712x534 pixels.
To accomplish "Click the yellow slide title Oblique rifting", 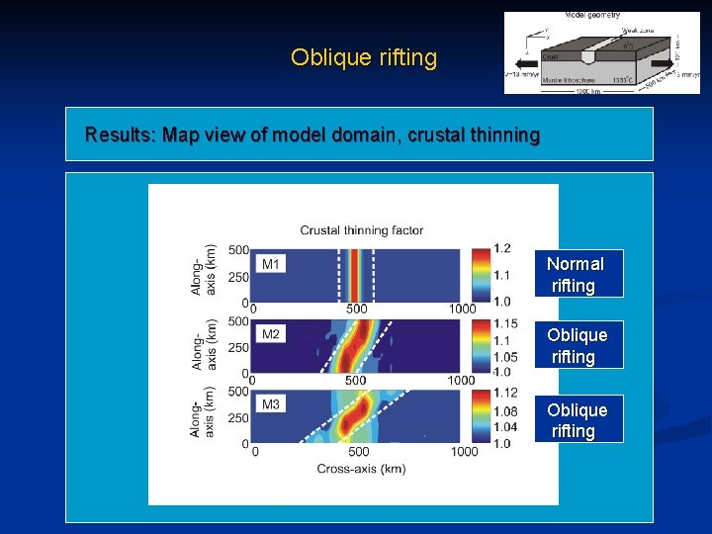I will pyautogui.click(x=363, y=57).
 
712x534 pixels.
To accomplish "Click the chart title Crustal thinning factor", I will pyautogui.click(x=362, y=230).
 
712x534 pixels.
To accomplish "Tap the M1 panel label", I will pyautogui.click(x=271, y=263).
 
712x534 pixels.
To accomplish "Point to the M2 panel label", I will pyautogui.click(x=271, y=334).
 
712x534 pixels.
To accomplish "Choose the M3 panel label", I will pyautogui.click(x=271, y=404).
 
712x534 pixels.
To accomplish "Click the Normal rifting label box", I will pyautogui.click(x=575, y=274).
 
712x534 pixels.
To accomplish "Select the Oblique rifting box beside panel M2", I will pyautogui.click(x=577, y=345).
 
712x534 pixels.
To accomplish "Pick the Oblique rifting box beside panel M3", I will pyautogui.click(x=577, y=419).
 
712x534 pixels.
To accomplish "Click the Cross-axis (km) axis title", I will pyautogui.click(x=361, y=468).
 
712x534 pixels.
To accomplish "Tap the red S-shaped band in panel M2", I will pyautogui.click(x=354, y=346).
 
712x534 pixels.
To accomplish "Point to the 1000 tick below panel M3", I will pyautogui.click(x=463, y=452).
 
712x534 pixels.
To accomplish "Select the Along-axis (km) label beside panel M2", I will pyautogui.click(x=204, y=345).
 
